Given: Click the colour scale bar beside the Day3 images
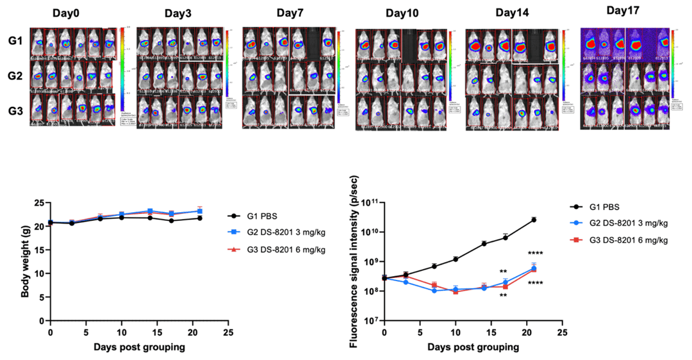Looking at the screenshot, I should [227, 64].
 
